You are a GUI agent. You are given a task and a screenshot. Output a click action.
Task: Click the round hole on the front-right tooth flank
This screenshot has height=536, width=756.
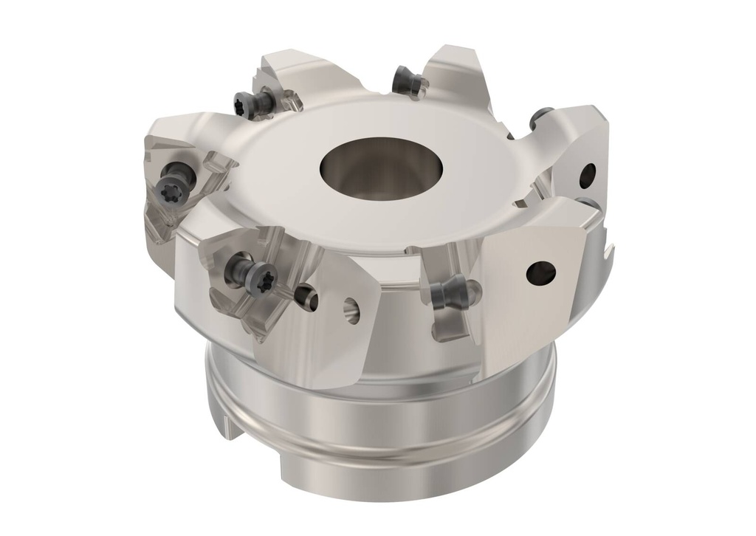(540, 272)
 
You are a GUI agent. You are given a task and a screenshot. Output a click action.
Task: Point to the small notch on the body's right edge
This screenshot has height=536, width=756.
(608, 255)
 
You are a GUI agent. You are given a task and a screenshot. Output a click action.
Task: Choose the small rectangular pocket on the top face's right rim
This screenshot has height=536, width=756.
(520, 201)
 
